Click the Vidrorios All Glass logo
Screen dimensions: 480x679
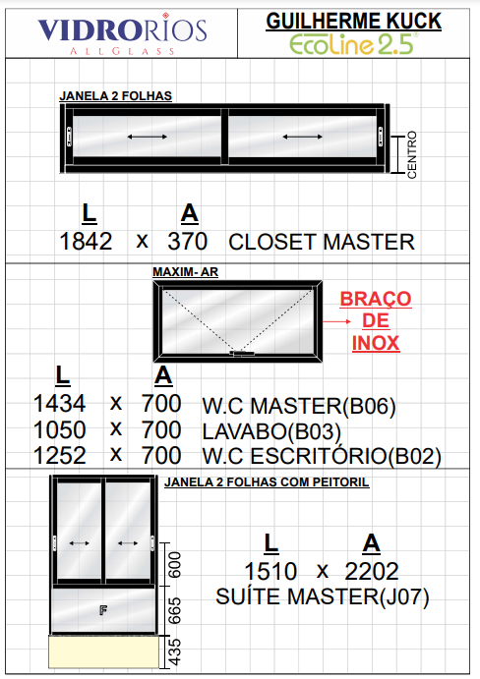[x=122, y=34]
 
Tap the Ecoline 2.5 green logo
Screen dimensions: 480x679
[x=353, y=44]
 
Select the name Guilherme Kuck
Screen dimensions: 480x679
[x=353, y=22]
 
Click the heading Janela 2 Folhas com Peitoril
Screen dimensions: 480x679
[x=267, y=482]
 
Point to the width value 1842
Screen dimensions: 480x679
[x=86, y=241]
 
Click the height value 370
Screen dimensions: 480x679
[x=187, y=241]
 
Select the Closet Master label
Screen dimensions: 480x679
[x=322, y=242]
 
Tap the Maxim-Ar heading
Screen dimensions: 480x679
[x=185, y=272]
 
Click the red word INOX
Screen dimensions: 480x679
[x=376, y=343]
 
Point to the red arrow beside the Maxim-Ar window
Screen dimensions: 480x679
[x=337, y=321]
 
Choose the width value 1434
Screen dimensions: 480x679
[x=59, y=404]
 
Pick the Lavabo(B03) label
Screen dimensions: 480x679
[x=271, y=431]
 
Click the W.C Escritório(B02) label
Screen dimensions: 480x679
[x=322, y=456]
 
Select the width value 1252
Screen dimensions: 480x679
[x=59, y=456]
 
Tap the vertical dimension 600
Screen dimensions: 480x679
[x=174, y=565]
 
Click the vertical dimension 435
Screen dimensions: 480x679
[x=174, y=651]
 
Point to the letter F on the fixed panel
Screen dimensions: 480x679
[x=103, y=610]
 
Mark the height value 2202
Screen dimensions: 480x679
[x=372, y=571]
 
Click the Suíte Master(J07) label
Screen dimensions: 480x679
[x=323, y=596]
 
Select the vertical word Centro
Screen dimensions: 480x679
[x=412, y=154]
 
